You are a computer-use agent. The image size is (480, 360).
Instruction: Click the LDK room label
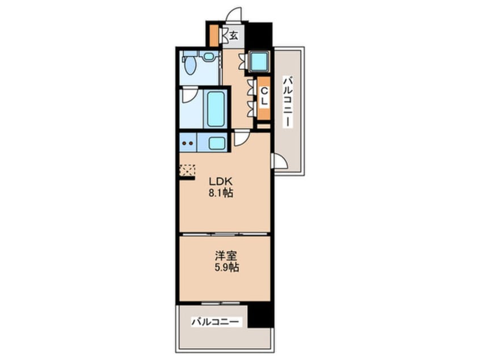[220, 181]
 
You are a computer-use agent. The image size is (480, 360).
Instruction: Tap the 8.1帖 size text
[221, 193]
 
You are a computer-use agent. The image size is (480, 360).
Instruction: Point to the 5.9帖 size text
[226, 268]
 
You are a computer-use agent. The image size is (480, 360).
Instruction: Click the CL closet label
[264, 97]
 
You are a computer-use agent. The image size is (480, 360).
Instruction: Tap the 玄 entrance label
[234, 36]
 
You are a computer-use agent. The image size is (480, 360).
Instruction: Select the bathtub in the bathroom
[216, 109]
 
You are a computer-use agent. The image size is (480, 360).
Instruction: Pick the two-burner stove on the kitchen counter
[188, 143]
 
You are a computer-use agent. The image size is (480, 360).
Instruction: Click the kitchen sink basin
[217, 143]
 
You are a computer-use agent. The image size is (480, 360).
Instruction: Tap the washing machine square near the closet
[259, 61]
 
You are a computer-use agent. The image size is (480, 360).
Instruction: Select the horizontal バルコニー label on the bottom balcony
[215, 322]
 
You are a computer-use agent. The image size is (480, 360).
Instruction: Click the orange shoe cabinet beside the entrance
[214, 36]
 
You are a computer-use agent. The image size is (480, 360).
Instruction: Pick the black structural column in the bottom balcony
[260, 316]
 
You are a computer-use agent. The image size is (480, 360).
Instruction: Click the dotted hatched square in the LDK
[187, 170]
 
